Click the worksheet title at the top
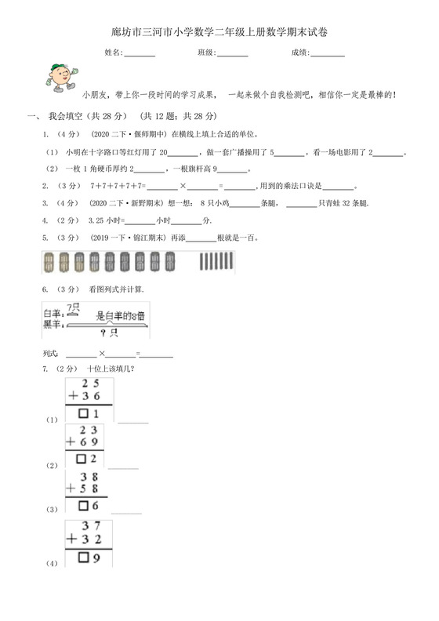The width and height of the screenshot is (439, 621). pos(219,32)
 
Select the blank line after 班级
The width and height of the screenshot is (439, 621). pos(233,53)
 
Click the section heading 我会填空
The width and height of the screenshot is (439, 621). pos(71,115)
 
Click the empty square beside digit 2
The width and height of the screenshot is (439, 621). pos(80,459)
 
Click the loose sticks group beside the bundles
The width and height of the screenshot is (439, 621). pos(216,262)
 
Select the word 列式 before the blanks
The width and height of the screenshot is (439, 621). pos(51,354)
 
